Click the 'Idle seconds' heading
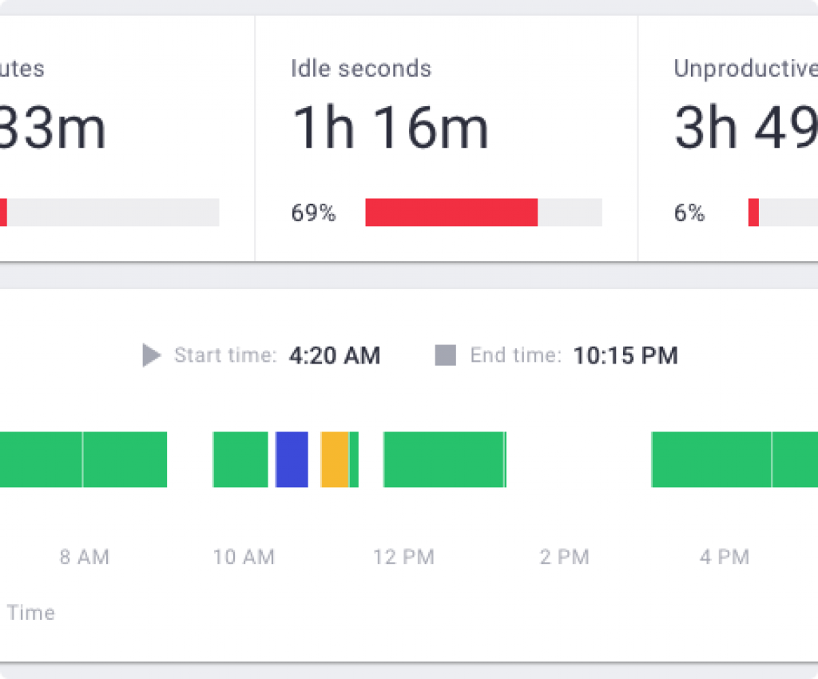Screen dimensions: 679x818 (361, 69)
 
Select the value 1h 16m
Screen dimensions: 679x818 (390, 129)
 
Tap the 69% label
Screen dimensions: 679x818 (313, 213)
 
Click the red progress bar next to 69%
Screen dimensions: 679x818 (451, 212)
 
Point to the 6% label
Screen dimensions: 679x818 (689, 213)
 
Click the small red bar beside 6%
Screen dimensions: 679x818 (753, 212)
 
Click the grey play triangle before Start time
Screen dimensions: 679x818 (151, 355)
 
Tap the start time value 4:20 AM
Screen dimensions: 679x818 (335, 355)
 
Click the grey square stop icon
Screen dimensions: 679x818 (445, 355)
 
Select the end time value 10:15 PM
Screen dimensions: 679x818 (625, 355)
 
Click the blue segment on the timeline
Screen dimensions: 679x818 (292, 459)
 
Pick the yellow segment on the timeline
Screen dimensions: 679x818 (335, 459)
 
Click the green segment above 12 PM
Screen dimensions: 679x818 (444, 459)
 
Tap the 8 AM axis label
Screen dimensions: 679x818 (85, 557)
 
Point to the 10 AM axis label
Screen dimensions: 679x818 (244, 557)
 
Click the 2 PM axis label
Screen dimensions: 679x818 (564, 557)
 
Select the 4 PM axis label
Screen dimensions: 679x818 (725, 557)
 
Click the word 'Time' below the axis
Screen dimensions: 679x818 (31, 613)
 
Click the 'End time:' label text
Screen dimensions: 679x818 (515, 355)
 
